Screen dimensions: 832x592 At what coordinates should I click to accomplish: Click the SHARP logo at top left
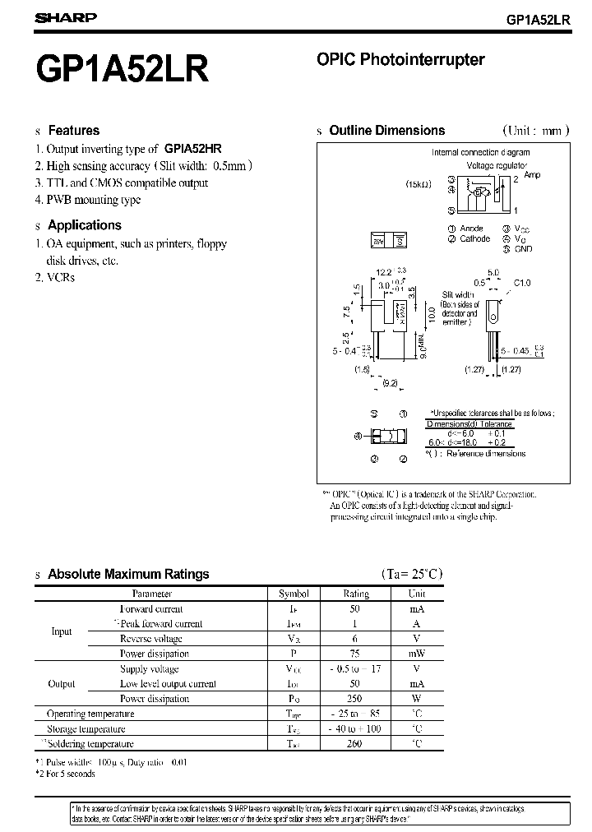[x=66, y=17]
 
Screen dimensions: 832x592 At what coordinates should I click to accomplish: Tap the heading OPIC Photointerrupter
[x=400, y=59]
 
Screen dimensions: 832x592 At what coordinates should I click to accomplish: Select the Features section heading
[x=73, y=130]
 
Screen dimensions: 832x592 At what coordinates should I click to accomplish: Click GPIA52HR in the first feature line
[x=192, y=149]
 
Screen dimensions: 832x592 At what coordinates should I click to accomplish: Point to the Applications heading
[x=84, y=224]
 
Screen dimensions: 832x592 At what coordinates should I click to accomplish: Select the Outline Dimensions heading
[x=386, y=130]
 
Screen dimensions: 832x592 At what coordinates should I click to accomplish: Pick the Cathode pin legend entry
[x=474, y=238]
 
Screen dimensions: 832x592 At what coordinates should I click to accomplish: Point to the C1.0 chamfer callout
[x=523, y=283]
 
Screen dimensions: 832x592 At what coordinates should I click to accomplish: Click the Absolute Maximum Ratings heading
[x=128, y=574]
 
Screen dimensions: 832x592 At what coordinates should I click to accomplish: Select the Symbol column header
[x=294, y=594]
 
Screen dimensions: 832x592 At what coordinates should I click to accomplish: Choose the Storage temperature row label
[x=86, y=728]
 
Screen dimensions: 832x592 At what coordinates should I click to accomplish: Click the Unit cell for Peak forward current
[x=417, y=624]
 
